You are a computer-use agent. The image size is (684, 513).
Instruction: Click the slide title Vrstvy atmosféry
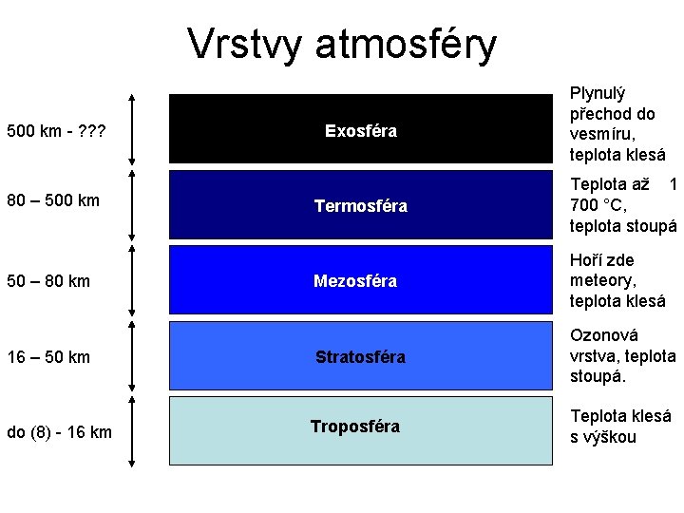point(342,44)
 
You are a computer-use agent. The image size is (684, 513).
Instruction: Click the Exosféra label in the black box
point(360,130)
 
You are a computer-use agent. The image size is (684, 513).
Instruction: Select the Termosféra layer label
point(360,206)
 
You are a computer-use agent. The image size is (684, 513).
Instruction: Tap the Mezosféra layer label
point(355,281)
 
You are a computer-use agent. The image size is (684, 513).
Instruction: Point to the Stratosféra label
point(360,357)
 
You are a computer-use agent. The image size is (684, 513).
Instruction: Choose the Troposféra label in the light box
point(354,427)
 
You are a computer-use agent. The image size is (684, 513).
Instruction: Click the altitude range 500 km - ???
point(54,130)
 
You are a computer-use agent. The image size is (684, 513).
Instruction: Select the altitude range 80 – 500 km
point(53,200)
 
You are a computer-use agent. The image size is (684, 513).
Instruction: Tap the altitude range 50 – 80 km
point(49,281)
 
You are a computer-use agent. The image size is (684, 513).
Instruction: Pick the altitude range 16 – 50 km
point(49,357)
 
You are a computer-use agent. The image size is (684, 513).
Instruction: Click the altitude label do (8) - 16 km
point(59,433)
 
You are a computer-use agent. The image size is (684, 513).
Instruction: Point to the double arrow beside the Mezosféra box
point(131,280)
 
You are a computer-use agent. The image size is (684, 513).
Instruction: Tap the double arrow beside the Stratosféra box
point(131,356)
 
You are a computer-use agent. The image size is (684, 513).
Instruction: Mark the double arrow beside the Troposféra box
point(131,431)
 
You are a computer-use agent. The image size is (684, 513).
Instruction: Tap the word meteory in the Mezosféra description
point(601,280)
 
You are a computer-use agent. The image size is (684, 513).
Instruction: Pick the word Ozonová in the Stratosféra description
point(604,335)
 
